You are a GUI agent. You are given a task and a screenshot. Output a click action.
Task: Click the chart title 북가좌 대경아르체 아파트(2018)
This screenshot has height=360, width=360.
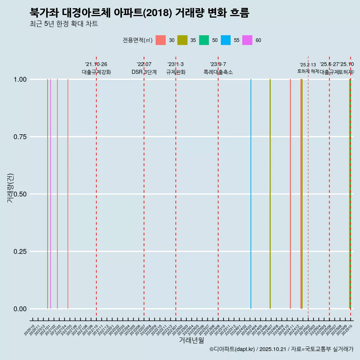click(139, 13)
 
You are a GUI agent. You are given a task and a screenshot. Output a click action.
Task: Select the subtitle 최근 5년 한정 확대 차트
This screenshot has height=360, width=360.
click(64, 24)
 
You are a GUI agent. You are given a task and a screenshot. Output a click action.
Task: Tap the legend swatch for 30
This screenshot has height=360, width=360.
click(160, 40)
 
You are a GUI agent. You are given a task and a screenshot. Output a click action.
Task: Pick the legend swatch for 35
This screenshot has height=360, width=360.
click(182, 40)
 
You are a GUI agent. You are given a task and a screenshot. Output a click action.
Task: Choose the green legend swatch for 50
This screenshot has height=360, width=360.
click(204, 40)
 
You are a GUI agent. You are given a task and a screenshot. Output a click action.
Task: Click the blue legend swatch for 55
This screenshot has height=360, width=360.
click(226, 40)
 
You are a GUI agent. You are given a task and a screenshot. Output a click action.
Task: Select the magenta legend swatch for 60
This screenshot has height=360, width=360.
click(247, 40)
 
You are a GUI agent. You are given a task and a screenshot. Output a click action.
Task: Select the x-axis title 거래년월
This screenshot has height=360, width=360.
click(191, 340)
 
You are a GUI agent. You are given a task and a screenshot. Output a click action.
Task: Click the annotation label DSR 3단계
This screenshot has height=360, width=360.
click(144, 72)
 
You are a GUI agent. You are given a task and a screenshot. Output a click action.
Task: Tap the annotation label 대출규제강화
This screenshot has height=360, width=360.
click(96, 72)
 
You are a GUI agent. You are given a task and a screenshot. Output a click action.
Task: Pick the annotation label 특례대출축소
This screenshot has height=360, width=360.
click(218, 72)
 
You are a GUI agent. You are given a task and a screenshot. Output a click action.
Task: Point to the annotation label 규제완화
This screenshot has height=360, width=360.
click(176, 72)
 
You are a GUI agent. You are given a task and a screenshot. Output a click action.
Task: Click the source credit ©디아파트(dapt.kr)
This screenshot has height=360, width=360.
click(232, 349)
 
